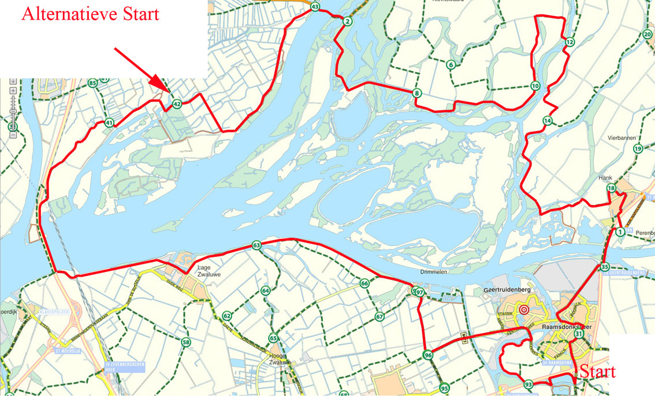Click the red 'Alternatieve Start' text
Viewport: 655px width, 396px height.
[x=90, y=14]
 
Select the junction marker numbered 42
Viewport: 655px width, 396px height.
[x=177, y=104]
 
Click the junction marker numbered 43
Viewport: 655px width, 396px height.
[x=315, y=8]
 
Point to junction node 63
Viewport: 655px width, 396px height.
[x=256, y=246]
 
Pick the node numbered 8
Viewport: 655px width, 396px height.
[x=417, y=93]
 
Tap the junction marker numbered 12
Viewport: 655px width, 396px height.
[x=570, y=42]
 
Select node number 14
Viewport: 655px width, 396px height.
[x=548, y=121]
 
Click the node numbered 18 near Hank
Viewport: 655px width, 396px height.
[x=611, y=189]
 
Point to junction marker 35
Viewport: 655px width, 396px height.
[x=605, y=267]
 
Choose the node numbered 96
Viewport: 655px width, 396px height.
[x=427, y=356]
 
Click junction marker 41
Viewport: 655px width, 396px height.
[x=109, y=122]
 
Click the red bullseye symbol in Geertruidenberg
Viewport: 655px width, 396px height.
[x=524, y=309]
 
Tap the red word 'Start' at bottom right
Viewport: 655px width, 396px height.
[x=597, y=371]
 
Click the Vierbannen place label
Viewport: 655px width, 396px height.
[x=621, y=139]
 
